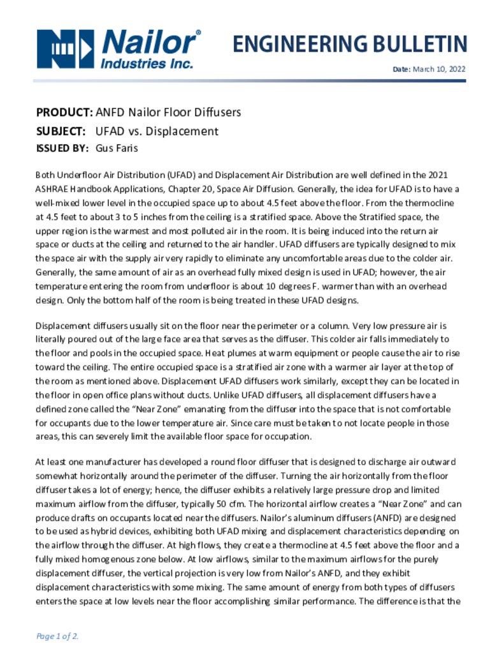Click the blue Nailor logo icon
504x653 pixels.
click(66, 48)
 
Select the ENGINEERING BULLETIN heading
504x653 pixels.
click(349, 44)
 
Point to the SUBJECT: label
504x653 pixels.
click(61, 132)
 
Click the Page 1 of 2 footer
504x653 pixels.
click(57, 636)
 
